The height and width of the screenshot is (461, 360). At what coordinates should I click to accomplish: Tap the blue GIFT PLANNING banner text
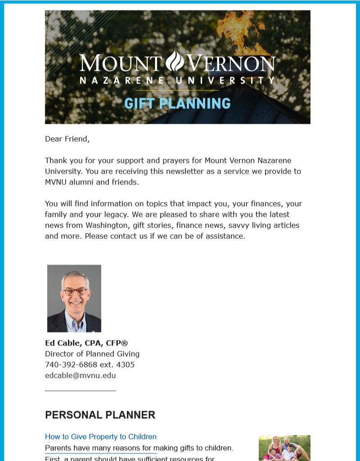click(x=177, y=103)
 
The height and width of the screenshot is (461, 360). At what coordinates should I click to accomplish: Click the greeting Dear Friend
click(x=67, y=139)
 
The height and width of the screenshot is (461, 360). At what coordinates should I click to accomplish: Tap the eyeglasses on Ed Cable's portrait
click(x=75, y=291)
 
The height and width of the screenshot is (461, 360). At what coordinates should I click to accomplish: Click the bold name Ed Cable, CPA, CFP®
click(x=86, y=343)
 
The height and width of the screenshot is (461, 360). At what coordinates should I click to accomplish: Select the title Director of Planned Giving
click(x=92, y=354)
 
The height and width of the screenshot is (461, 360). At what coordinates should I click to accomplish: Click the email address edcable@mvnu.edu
click(x=80, y=376)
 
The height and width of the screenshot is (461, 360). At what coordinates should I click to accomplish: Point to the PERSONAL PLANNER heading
click(x=100, y=415)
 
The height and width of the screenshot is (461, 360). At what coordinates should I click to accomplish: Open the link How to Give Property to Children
click(x=101, y=437)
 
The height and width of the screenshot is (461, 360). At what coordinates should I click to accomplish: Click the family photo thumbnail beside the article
click(x=284, y=448)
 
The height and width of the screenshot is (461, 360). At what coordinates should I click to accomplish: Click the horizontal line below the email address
click(x=80, y=390)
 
